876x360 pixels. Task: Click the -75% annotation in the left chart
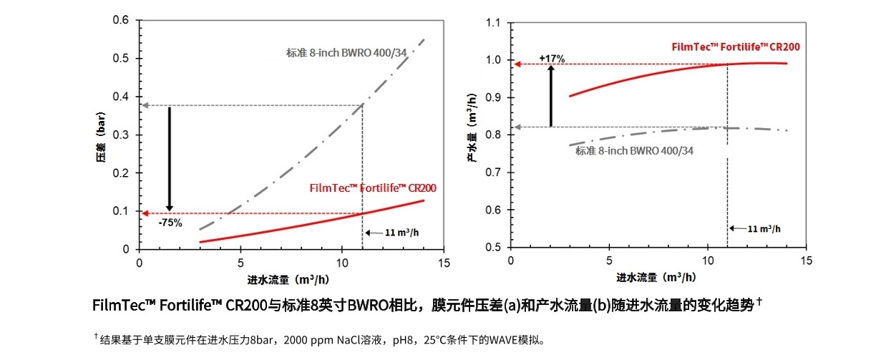[171, 223]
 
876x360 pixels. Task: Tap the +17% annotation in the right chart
[552, 58]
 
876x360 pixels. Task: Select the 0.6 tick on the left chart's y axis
[121, 20]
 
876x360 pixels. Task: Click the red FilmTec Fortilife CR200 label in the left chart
[373, 188]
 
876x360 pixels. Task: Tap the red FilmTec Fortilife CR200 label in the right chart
[736, 47]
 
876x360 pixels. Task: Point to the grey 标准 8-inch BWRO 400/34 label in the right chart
[634, 151]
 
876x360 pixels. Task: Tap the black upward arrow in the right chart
[551, 96]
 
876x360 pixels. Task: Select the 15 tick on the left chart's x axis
[444, 263]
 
